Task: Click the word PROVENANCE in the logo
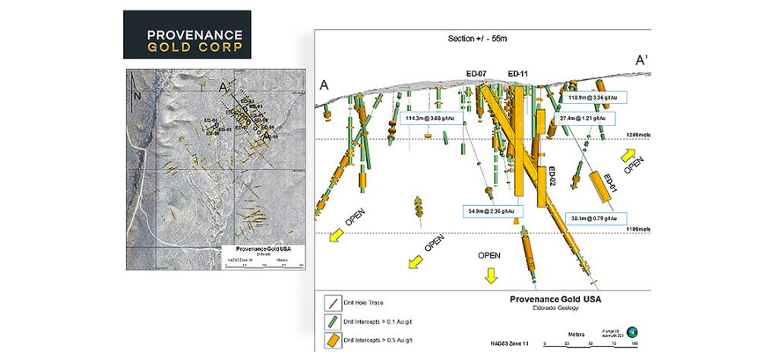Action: pyautogui.click(x=194, y=35)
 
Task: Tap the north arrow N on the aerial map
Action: pyautogui.click(x=137, y=96)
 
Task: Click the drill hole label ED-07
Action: pyautogui.click(x=476, y=74)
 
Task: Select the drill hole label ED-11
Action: pyautogui.click(x=518, y=74)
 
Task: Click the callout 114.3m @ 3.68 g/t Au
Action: pyautogui.click(x=431, y=118)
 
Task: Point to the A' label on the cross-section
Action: pyautogui.click(x=642, y=60)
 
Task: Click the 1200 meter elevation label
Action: pyautogui.click(x=638, y=134)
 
